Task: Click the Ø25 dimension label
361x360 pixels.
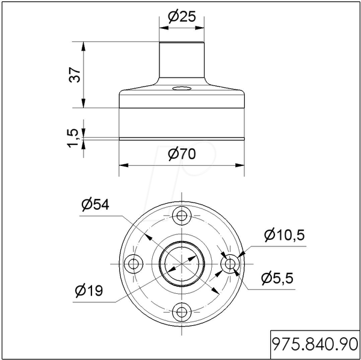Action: (182, 17)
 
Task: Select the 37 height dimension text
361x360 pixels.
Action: (75, 75)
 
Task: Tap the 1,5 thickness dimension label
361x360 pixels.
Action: (73, 138)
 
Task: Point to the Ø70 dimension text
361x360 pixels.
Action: (182, 154)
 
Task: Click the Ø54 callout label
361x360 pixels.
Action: (95, 204)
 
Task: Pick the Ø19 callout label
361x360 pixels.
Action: (89, 290)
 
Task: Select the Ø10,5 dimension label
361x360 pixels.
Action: (285, 235)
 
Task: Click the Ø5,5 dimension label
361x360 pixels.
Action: (277, 278)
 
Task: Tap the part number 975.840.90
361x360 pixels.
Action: (315, 344)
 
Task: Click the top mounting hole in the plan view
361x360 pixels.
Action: (182, 216)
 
